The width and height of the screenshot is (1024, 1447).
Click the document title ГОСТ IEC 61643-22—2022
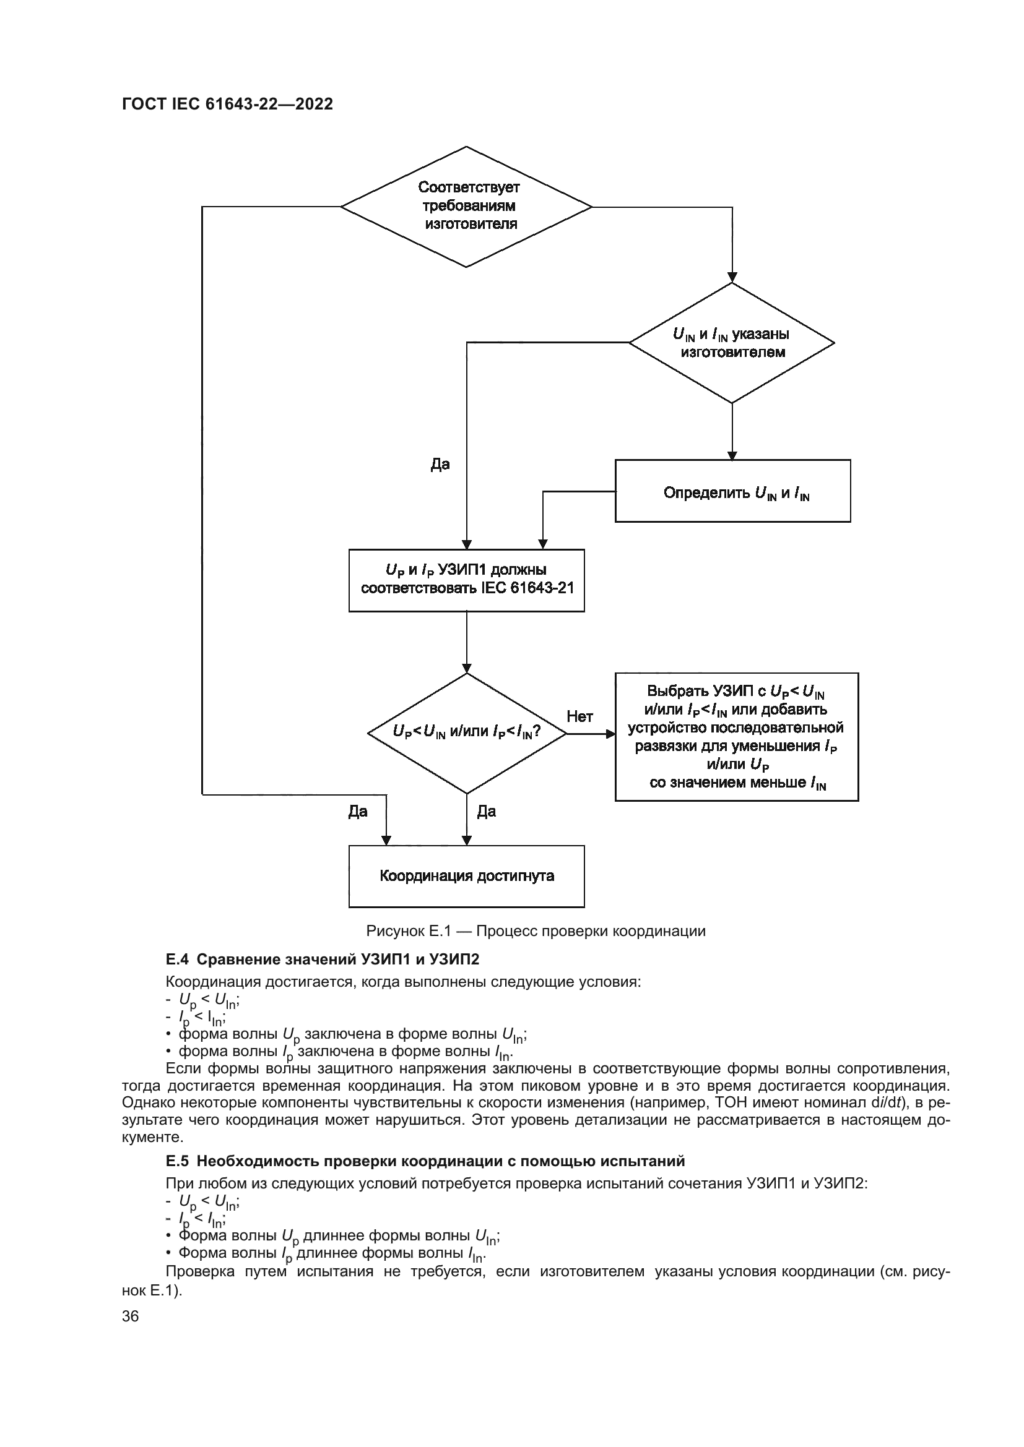pyautogui.click(x=228, y=105)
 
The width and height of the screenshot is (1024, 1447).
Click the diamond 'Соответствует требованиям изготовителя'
pyautogui.click(x=467, y=206)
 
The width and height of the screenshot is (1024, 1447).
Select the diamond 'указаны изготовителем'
pyautogui.click(x=732, y=343)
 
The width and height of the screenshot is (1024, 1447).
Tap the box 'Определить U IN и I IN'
pyautogui.click(x=732, y=491)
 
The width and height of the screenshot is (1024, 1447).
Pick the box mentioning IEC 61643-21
pyautogui.click(x=467, y=580)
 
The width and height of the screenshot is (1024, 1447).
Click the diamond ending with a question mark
pyautogui.click(x=467, y=732)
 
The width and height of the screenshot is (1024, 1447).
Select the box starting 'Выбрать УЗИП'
pyautogui.click(x=737, y=737)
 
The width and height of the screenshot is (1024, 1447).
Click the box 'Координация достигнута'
pyautogui.click(x=467, y=876)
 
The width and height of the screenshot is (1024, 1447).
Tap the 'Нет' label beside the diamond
pyautogui.click(x=579, y=716)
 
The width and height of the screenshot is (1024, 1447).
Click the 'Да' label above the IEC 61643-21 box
pyautogui.click(x=440, y=465)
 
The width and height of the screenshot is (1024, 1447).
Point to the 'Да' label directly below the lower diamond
pyautogui.click(x=486, y=811)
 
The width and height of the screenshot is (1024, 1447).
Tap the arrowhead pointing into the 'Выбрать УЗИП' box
pyautogui.click(x=610, y=734)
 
